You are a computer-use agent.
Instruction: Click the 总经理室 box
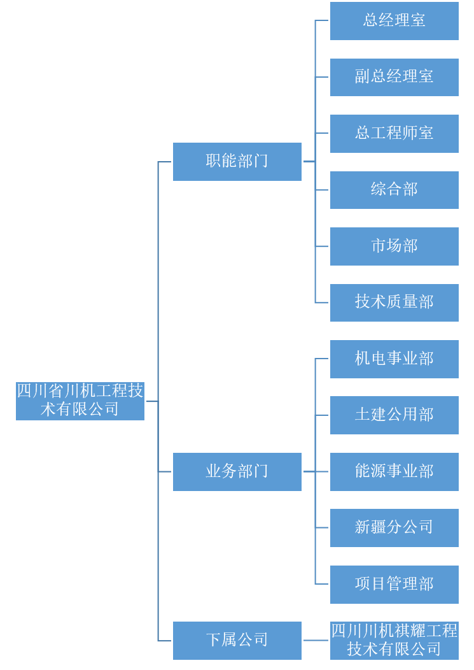(x=394, y=21)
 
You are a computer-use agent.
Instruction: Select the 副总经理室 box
(x=394, y=77)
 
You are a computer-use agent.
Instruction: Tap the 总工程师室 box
(x=394, y=134)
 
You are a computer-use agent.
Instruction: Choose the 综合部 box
(x=394, y=190)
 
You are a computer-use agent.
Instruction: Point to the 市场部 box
(x=394, y=246)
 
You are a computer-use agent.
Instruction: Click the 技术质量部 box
(x=394, y=303)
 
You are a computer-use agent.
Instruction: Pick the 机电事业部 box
(x=394, y=359)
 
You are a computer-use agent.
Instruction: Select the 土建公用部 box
(x=394, y=415)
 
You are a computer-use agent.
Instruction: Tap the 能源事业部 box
(x=394, y=472)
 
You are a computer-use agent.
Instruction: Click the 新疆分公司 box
(x=394, y=528)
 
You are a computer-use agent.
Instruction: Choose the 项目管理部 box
(x=394, y=585)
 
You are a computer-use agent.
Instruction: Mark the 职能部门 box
(x=237, y=162)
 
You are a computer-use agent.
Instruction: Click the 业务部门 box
(x=237, y=472)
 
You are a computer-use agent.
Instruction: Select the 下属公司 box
(x=237, y=641)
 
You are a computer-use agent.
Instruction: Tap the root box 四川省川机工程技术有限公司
(x=80, y=401)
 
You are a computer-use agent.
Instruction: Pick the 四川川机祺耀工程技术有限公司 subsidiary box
(x=394, y=641)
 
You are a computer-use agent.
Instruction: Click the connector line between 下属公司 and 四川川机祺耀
(x=316, y=641)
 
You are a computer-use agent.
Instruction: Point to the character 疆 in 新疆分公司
(x=379, y=527)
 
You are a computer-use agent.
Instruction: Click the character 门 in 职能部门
(x=261, y=161)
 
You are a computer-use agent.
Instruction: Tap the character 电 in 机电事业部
(x=379, y=359)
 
